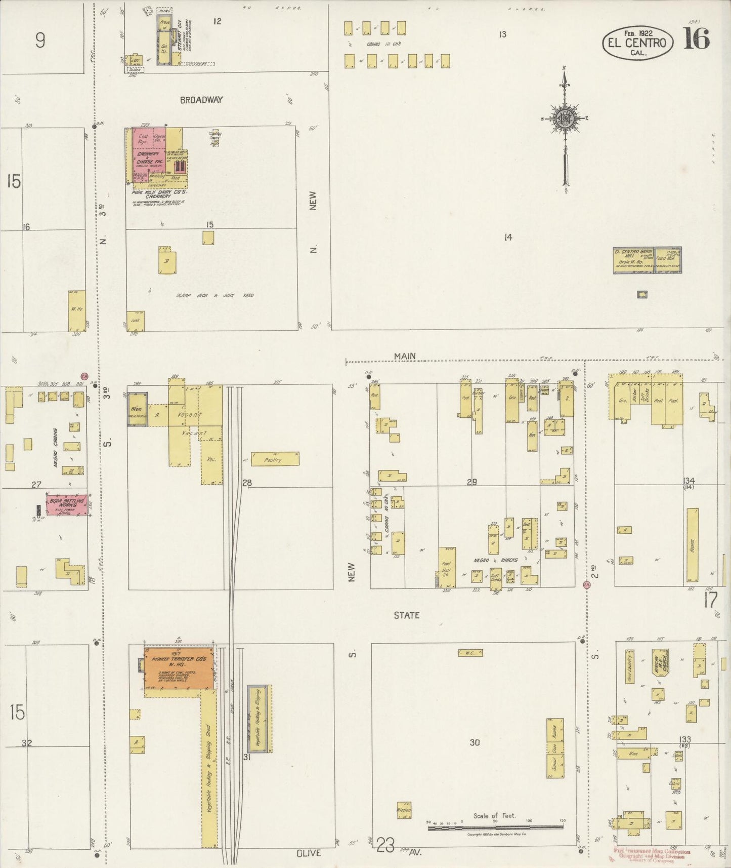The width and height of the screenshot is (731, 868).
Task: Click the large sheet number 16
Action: [x=697, y=38]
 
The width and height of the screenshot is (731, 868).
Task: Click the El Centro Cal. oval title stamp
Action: [x=637, y=43]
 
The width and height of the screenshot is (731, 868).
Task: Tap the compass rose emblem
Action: [x=564, y=119]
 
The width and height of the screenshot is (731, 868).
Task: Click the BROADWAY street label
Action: [x=201, y=100]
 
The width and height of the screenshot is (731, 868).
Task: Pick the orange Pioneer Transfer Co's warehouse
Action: [x=178, y=667]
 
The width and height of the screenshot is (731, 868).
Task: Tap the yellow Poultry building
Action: [x=275, y=459]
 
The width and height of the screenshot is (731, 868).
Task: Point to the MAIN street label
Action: [x=405, y=356]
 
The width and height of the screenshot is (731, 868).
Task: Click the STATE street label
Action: [x=407, y=615]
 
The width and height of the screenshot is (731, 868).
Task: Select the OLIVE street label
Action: [x=309, y=853]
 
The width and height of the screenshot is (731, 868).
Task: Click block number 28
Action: [x=246, y=483]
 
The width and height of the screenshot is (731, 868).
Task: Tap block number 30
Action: [x=474, y=742]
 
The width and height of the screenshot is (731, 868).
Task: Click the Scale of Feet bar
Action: [x=495, y=827]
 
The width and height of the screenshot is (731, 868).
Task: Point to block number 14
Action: [x=508, y=237]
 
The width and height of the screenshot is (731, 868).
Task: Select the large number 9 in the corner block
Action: [x=40, y=40]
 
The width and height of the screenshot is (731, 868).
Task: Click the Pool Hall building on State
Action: [x=447, y=567]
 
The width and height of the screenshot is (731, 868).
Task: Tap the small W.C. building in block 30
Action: [x=470, y=653]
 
